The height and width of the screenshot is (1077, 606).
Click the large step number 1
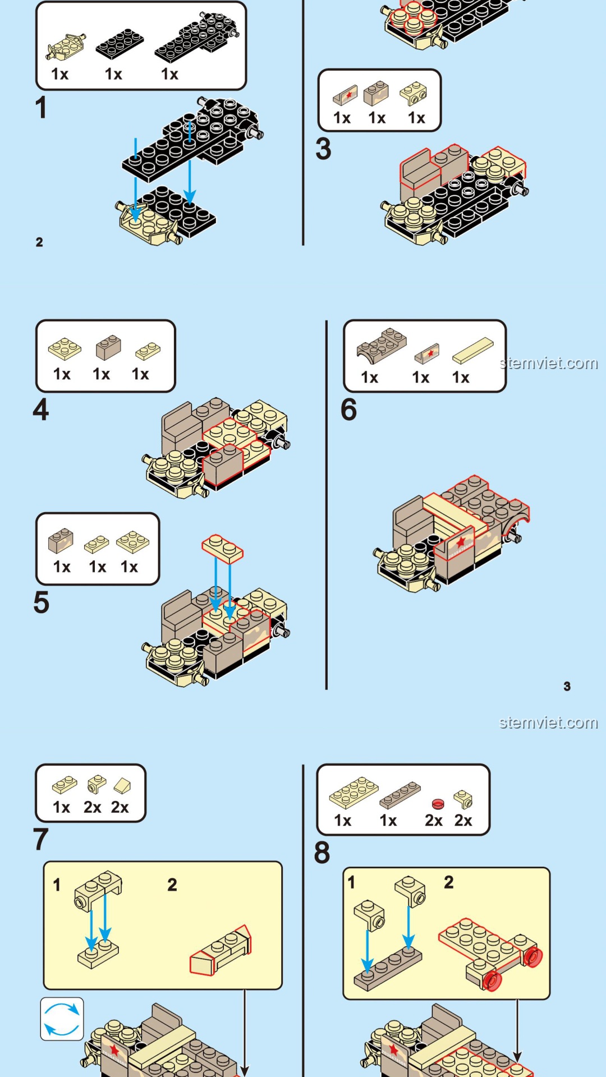click(41, 108)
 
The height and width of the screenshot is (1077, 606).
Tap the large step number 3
click(323, 149)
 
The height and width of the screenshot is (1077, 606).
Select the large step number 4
click(41, 409)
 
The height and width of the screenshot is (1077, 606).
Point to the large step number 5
click(42, 602)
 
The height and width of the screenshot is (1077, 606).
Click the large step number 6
click(348, 409)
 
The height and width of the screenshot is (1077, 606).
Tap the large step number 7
click(41, 839)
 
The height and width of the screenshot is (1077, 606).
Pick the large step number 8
click(322, 853)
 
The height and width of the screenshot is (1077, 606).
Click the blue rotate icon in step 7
click(62, 1019)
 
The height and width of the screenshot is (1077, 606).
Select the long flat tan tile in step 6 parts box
click(473, 350)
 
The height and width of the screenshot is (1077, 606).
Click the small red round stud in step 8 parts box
click(438, 803)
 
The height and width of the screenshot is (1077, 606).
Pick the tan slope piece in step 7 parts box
click(122, 785)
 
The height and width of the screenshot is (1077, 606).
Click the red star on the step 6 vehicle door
click(461, 542)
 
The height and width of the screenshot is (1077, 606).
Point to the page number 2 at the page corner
click(39, 242)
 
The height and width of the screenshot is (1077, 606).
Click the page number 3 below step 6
click(567, 686)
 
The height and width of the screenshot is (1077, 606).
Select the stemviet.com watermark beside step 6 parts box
click(549, 363)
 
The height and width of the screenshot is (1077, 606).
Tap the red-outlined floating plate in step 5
click(223, 548)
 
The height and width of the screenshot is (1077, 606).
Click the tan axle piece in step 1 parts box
click(66, 47)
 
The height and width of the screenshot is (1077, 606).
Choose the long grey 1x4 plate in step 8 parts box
click(400, 794)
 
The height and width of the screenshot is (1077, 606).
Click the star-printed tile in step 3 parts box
click(345, 95)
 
